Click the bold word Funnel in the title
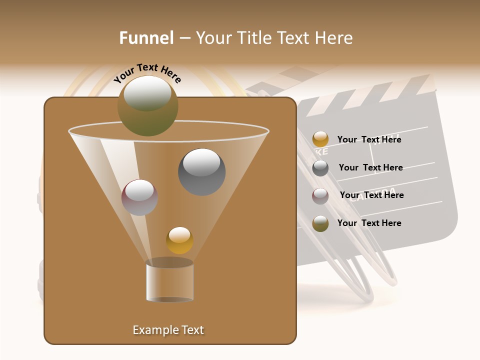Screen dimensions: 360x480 146,38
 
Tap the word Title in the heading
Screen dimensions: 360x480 254,38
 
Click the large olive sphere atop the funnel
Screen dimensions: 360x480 147,105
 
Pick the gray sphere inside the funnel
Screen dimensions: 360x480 201,171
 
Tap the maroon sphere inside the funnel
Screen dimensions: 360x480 139,197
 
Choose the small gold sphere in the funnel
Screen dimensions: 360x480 179,240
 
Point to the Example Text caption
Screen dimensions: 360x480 168,330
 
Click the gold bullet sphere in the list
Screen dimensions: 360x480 320,139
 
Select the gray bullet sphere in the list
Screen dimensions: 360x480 320,168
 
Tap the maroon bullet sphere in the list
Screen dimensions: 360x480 320,196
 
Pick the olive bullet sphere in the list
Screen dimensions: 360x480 320,223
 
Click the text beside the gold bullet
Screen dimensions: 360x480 369,139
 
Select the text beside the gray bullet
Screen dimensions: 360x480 370,167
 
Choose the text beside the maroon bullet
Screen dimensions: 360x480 371,195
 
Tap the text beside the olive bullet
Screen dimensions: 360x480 369,223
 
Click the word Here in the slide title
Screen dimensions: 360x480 333,38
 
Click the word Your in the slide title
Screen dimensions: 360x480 213,38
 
